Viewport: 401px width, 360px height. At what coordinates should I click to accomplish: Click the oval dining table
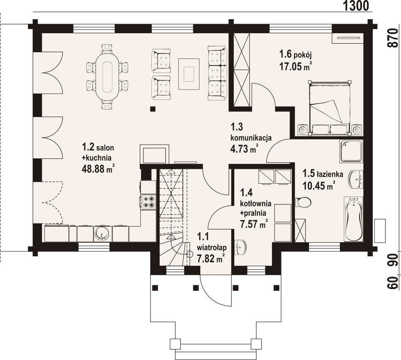click(x=107, y=77)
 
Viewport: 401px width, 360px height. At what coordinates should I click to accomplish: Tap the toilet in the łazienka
click(x=303, y=202)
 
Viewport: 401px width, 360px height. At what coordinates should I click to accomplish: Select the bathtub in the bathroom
click(x=353, y=219)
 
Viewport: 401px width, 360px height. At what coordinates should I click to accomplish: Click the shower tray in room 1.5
click(x=351, y=151)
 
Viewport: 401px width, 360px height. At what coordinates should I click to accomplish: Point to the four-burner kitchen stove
click(x=148, y=202)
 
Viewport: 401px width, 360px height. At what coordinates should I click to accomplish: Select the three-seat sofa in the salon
click(x=217, y=73)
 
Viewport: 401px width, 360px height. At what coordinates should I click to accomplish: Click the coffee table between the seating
click(x=189, y=74)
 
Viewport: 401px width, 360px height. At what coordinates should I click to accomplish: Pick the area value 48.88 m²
click(x=98, y=169)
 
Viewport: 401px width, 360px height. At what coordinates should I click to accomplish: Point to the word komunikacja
click(x=251, y=138)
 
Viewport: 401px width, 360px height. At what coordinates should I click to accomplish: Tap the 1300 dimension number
click(x=356, y=6)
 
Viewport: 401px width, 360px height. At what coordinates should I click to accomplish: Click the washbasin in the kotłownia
click(x=241, y=247)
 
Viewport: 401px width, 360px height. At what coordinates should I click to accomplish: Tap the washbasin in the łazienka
click(x=356, y=179)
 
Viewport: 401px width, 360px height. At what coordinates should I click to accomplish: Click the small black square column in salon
click(x=153, y=109)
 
